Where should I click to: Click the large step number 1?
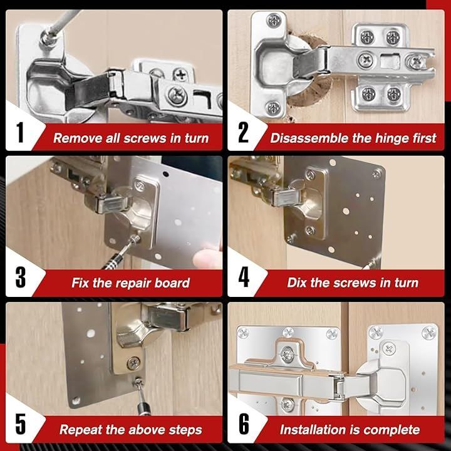[x=20, y=132]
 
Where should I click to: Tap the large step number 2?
[x=243, y=132]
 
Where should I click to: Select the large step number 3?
[x=21, y=277]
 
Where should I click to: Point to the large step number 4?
[x=244, y=277]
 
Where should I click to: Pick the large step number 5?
[x=21, y=424]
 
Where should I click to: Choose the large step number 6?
[x=244, y=424]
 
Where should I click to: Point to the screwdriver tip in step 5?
[x=138, y=381]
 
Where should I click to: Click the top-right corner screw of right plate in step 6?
[x=429, y=333]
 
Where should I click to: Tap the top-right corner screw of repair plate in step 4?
[x=376, y=174]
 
